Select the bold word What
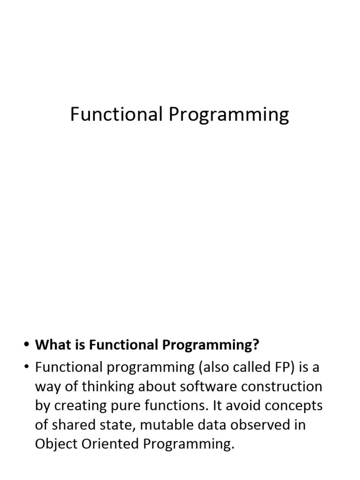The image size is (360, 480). [50, 345]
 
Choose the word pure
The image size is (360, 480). [125, 406]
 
